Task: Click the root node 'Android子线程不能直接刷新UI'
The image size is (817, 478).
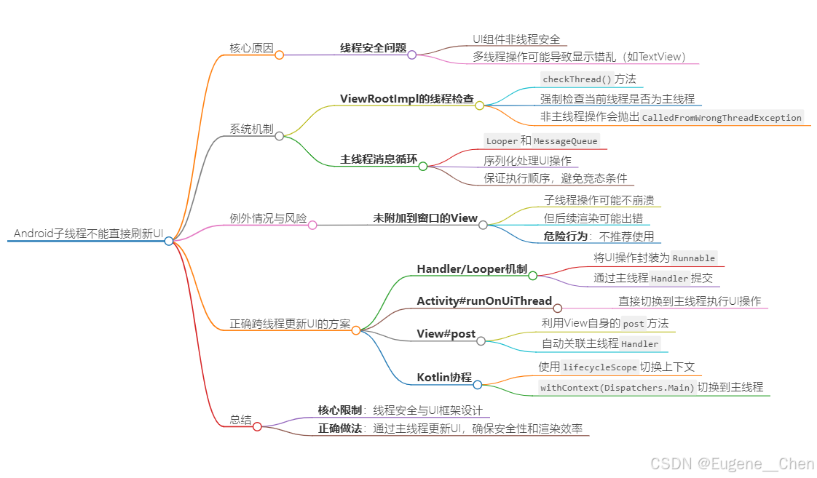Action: coord(88,234)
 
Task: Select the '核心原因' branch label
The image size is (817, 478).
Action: coord(251,48)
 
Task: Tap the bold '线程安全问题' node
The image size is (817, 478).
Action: coord(373,48)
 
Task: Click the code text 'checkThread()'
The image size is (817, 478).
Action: coord(577,79)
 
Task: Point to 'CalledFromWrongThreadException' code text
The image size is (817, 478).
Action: coord(722,118)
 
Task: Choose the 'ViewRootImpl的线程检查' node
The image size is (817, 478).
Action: coord(406,99)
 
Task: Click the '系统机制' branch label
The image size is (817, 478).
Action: coord(251,130)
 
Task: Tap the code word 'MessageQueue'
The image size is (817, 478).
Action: coord(565,141)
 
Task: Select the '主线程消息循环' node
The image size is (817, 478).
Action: coord(378,159)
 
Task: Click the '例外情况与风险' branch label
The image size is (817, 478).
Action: coord(268,218)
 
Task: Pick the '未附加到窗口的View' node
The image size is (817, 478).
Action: coord(425,218)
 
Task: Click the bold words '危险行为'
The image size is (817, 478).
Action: coord(564,236)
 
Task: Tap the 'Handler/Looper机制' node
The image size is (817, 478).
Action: coord(472,269)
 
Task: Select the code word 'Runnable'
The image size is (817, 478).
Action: coord(694,258)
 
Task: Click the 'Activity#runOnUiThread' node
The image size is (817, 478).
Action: coord(484,301)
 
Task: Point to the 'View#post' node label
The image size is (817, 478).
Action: coord(446,334)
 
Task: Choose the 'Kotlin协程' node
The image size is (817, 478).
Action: coord(444,378)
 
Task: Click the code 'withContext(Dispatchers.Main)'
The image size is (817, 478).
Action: coord(617,388)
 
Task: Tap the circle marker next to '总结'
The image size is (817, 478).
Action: coord(257,426)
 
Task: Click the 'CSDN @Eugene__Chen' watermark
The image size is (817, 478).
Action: coord(732,464)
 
